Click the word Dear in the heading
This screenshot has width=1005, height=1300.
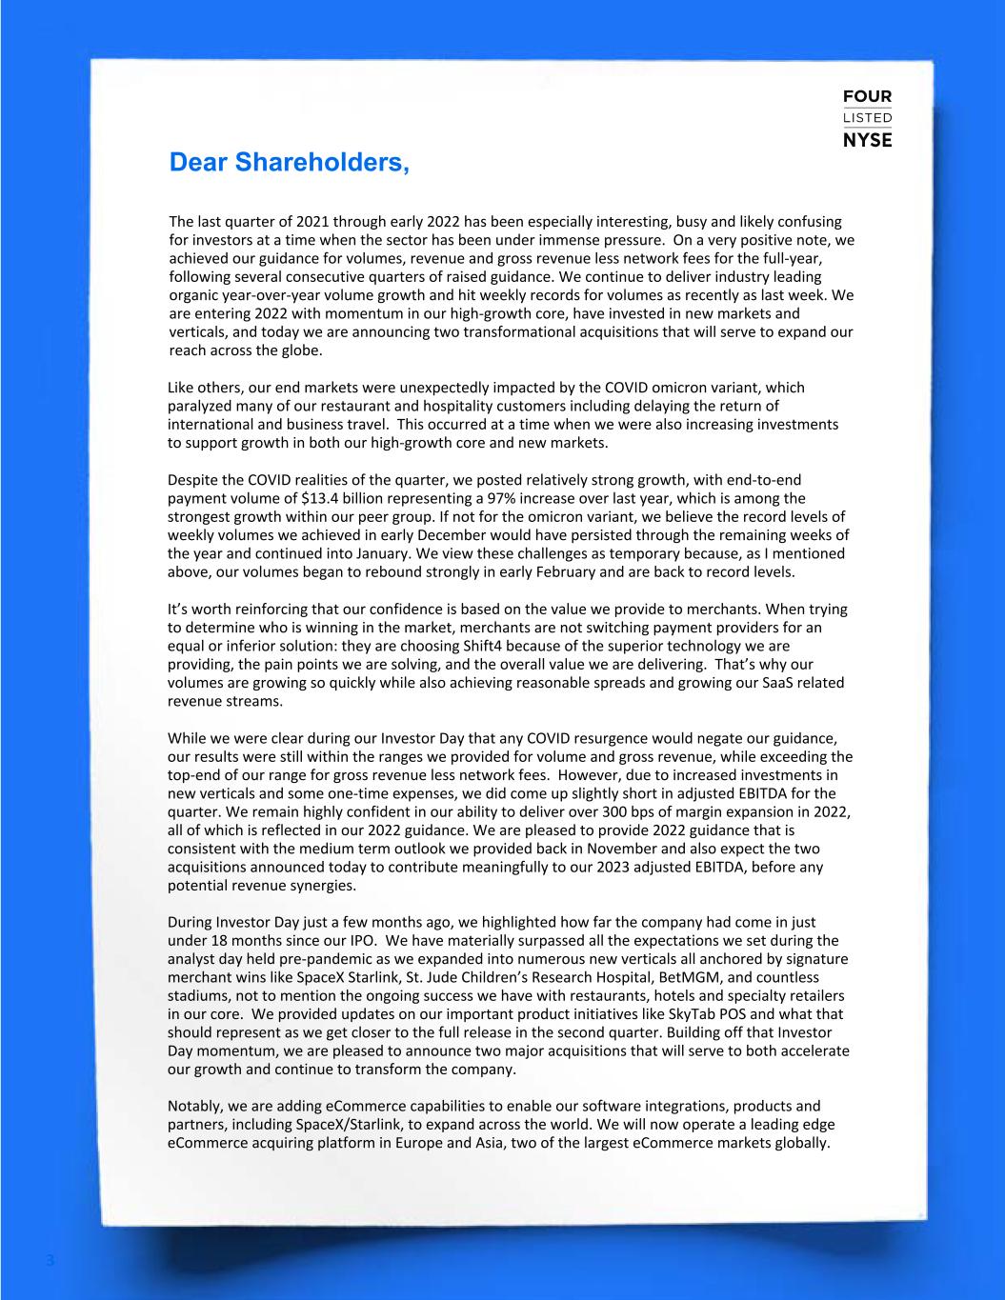198,163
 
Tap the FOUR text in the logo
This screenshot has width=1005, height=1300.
867,97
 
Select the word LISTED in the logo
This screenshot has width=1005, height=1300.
867,118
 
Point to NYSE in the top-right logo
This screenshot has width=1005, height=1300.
867,140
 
